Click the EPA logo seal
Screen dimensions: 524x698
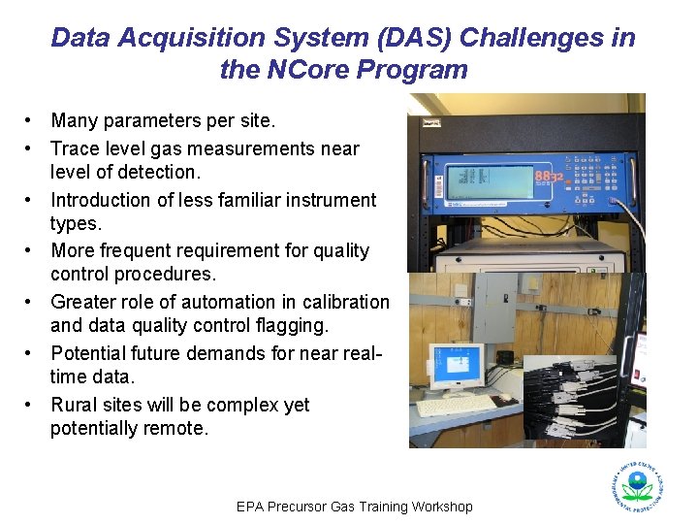point(637,484)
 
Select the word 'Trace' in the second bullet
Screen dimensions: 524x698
point(74,148)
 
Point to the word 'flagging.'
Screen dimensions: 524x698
point(292,325)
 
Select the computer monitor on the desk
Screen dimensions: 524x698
point(456,367)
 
